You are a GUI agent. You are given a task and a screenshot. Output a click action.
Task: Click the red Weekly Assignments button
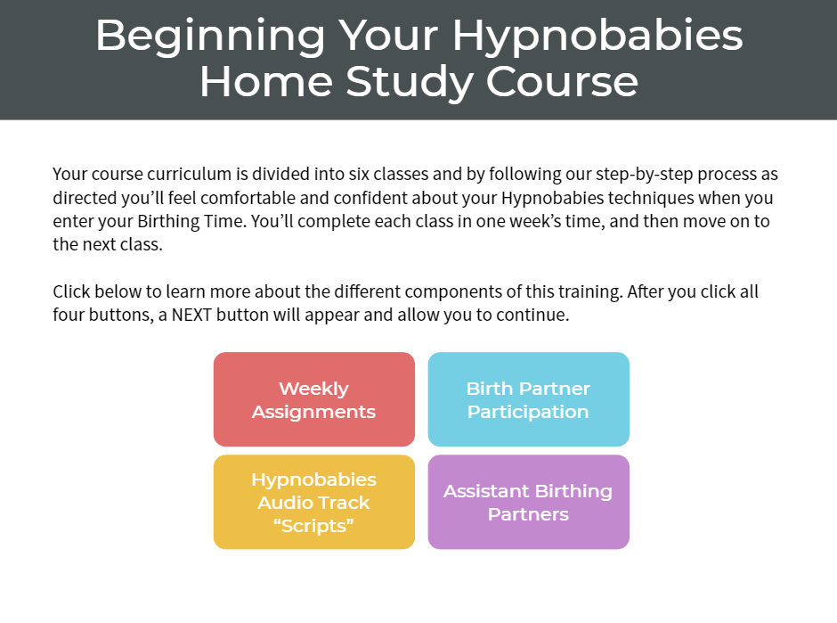313,399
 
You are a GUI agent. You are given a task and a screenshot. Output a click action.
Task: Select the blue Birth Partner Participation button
528,399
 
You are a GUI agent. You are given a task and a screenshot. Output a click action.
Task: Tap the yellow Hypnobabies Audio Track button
313,502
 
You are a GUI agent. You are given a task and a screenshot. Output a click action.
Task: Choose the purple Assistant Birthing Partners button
528,502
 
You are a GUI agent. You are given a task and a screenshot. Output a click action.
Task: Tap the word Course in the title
562,82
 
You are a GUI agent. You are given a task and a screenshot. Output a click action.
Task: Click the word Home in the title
266,82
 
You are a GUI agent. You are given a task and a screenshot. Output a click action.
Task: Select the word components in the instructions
489,291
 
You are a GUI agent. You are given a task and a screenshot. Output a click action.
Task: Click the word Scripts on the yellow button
313,526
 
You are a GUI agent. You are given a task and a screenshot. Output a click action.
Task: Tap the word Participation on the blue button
528,412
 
